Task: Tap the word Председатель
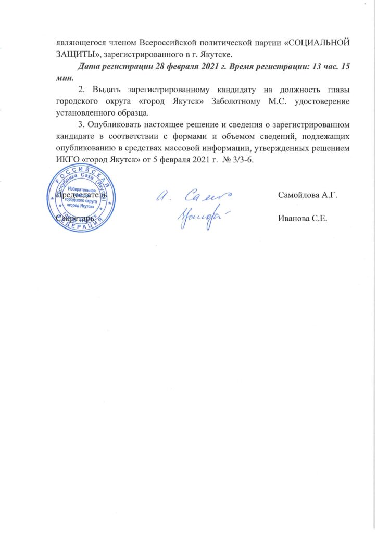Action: point(82,195)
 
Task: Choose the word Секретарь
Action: point(76,219)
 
